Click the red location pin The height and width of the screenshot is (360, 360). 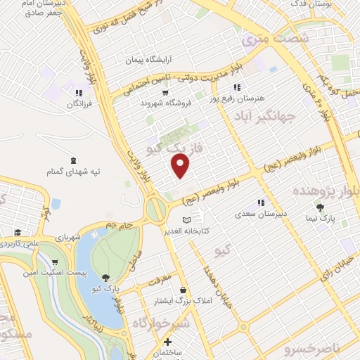tap(181, 165)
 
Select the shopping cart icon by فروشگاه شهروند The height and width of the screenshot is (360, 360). tap(165, 92)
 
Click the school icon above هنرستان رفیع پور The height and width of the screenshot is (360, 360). tap(237, 87)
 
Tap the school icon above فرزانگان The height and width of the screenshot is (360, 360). tap(79, 92)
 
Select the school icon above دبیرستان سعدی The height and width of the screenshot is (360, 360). tap(261, 202)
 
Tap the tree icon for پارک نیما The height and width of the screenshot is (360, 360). tap(321, 208)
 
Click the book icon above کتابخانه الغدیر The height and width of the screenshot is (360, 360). tap(186, 220)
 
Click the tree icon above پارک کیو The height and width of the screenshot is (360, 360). tap(105, 278)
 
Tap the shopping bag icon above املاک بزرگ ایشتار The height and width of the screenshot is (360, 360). tap(184, 290)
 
